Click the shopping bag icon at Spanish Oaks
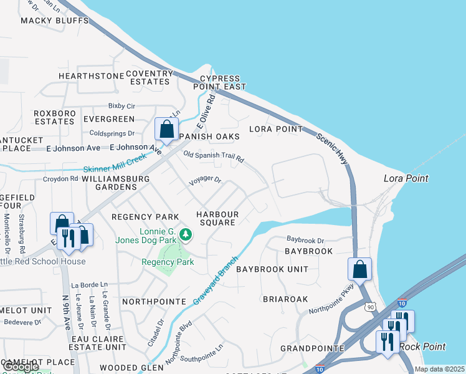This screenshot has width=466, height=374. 166,130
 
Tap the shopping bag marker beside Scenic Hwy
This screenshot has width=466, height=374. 359,269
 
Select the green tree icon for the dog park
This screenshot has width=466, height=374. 185,235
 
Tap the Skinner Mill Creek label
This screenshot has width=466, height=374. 115,163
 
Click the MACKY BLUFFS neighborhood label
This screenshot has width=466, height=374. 55,21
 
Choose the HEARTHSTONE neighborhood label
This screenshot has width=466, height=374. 92,76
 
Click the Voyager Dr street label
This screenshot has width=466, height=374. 206,180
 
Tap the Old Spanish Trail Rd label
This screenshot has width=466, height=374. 213,157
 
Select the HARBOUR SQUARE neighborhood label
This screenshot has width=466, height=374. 216,218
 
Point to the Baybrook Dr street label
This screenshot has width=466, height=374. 305,240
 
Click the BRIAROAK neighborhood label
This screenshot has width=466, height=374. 285,299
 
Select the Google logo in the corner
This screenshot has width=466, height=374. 21,367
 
